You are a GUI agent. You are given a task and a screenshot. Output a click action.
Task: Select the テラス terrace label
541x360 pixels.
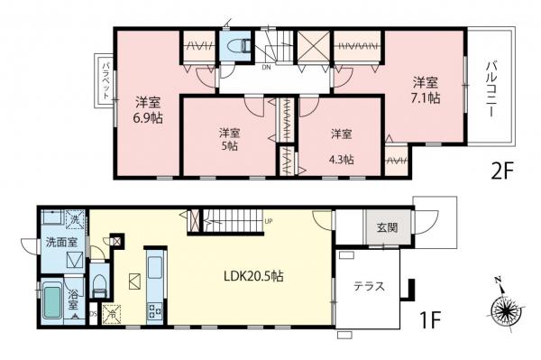click(369, 287)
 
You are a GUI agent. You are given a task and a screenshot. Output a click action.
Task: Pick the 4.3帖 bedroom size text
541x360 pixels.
click(341, 159)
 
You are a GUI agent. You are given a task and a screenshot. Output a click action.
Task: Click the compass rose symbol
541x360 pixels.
click(507, 309)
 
